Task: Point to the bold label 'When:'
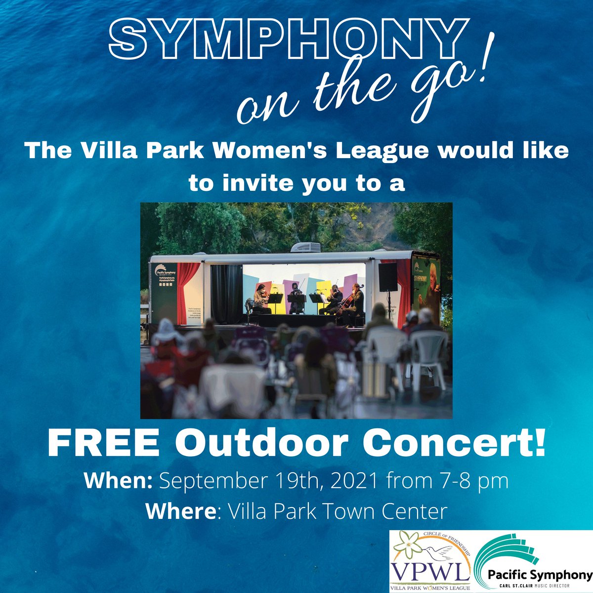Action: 118,481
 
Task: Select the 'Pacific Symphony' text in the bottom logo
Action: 539,575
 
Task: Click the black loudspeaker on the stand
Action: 388,277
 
